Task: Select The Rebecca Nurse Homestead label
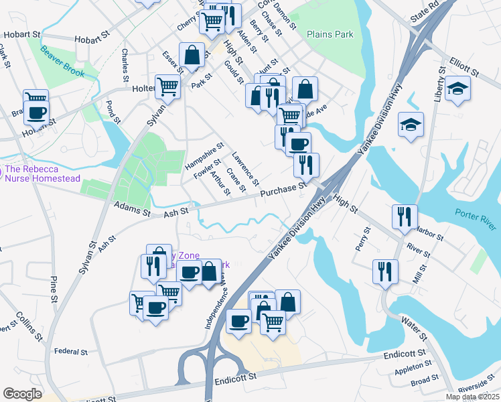42,174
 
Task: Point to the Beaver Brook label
62,62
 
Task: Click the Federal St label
71,351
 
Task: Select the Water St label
406,327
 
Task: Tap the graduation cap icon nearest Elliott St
457,88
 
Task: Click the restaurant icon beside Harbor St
405,216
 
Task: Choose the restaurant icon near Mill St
385,271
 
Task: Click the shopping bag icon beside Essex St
192,56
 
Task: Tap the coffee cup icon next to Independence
238,321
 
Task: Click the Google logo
22,394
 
